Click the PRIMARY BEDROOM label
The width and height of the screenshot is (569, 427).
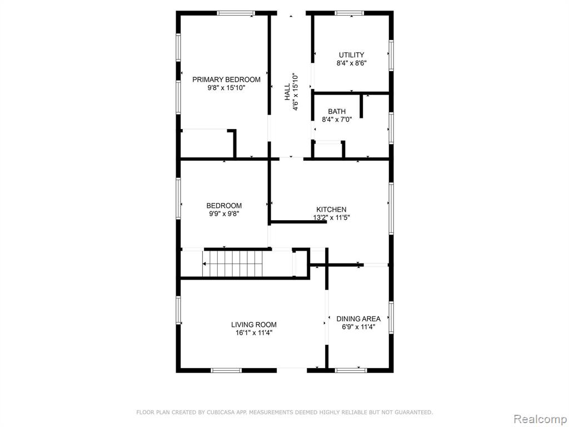pos(226,80)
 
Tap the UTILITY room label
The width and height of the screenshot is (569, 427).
pos(351,55)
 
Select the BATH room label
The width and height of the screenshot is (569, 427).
pos(337,111)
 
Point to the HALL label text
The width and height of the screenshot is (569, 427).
pos(287,92)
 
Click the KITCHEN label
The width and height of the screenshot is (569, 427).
pos(331,209)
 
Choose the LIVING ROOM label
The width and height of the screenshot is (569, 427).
pos(253,325)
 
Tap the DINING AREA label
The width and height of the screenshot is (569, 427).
pos(358,319)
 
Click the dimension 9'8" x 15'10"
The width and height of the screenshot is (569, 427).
pos(226,88)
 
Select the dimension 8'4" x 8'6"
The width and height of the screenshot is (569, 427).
pos(351,63)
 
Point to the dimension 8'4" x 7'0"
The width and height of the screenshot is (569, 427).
pos(337,119)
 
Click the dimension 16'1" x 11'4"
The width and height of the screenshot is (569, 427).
pos(253,332)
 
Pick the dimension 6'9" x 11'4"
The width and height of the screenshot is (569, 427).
pos(358,327)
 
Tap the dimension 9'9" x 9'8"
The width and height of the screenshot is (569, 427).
pos(224,214)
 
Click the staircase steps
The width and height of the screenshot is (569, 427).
pos(233,264)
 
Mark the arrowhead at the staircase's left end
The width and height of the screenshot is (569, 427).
pos(204,264)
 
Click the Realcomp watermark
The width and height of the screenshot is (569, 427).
pos(540,419)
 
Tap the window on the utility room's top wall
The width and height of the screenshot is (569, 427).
pos(349,13)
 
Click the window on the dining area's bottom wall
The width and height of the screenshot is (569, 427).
pos(351,370)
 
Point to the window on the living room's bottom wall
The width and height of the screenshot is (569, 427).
pos(226,370)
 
